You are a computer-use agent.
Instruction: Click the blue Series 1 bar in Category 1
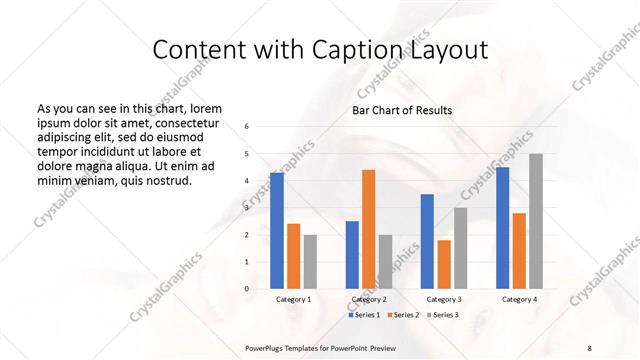[277, 231]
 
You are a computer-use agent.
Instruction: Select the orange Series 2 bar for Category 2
[368, 229]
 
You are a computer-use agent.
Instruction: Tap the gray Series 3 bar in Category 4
[536, 221]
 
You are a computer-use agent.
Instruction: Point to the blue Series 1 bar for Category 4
[502, 228]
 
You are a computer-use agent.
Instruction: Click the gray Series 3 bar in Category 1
[310, 262]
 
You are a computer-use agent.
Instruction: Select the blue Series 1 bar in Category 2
[352, 255]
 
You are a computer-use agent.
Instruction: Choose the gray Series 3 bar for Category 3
[460, 248]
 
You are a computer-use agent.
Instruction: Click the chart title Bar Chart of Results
[402, 110]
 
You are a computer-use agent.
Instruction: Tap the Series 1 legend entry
[364, 315]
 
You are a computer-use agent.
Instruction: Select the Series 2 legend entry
[403, 315]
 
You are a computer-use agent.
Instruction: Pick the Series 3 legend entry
[442, 315]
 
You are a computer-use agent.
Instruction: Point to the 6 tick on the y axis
[247, 127]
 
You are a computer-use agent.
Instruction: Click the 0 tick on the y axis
[247, 289]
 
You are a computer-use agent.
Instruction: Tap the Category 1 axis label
[293, 299]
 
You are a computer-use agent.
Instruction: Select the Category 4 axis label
[519, 299]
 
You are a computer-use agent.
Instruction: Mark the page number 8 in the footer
[589, 348]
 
